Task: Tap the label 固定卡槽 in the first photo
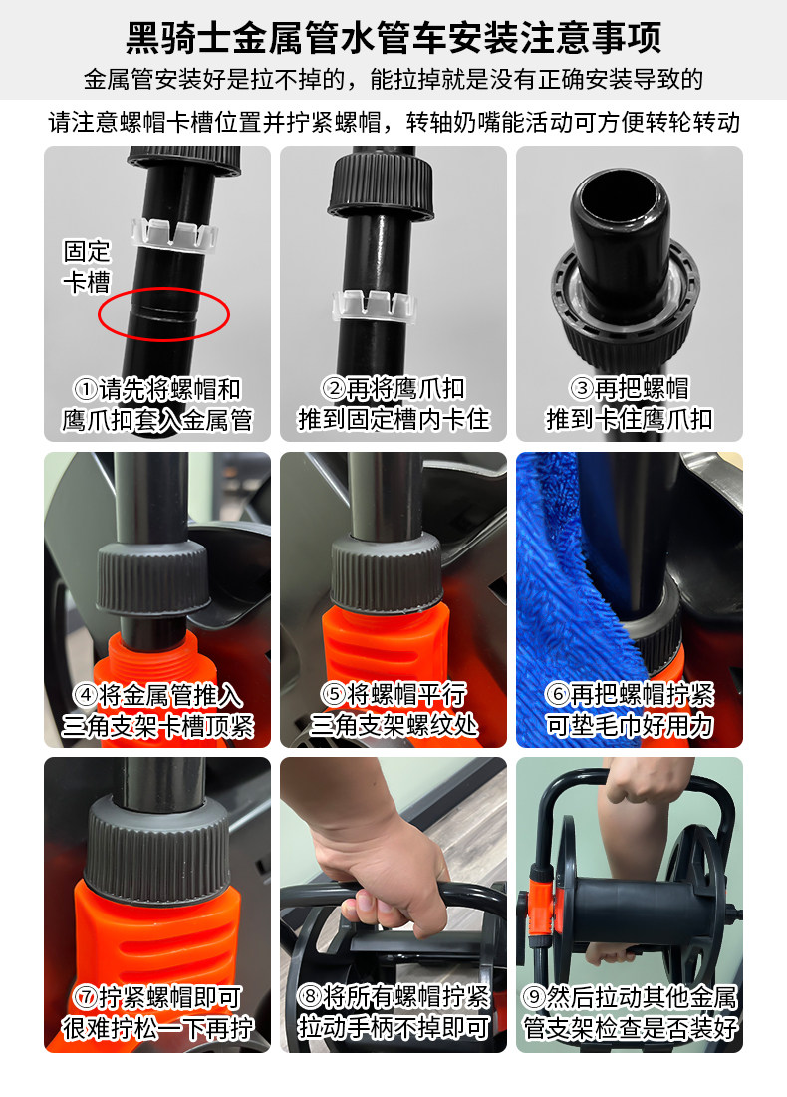(x=88, y=267)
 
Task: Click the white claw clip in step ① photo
(x=175, y=235)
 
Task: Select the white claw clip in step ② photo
(x=374, y=305)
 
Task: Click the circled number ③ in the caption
(x=581, y=388)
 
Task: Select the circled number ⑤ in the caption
(x=333, y=695)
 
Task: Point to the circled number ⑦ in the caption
(x=86, y=996)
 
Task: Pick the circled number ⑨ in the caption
(x=533, y=996)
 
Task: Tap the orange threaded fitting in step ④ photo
(x=159, y=657)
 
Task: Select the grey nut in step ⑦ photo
(x=157, y=850)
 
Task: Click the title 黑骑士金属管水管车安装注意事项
(x=393, y=37)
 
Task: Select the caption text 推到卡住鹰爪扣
(x=629, y=419)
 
